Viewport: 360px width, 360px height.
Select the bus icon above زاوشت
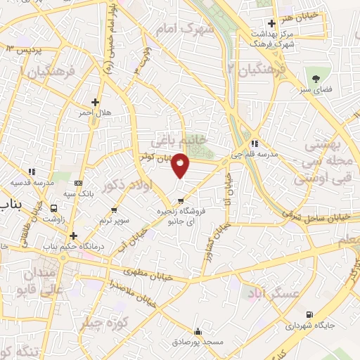click(53, 208)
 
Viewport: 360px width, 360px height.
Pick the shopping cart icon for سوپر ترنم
click(114, 210)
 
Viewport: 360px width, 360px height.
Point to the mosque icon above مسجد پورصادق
click(198, 331)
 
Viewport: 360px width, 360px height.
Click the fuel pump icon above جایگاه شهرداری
click(310, 314)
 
